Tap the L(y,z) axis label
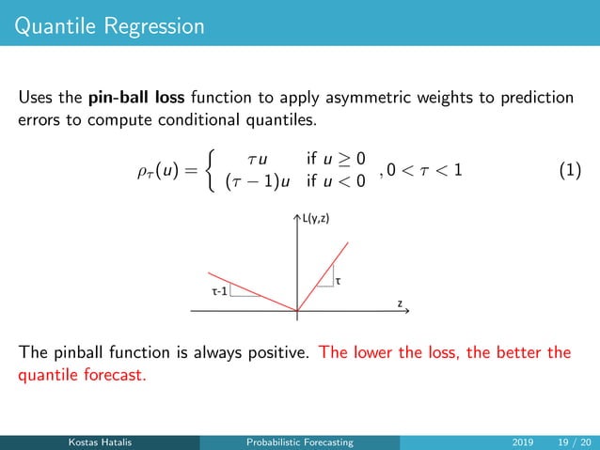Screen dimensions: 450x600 point(318,219)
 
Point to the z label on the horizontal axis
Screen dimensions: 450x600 point(400,303)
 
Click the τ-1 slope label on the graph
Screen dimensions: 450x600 point(218,291)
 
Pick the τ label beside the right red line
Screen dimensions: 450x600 point(339,280)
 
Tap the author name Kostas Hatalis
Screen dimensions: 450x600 point(99,442)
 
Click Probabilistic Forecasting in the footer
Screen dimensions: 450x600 point(299,442)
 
